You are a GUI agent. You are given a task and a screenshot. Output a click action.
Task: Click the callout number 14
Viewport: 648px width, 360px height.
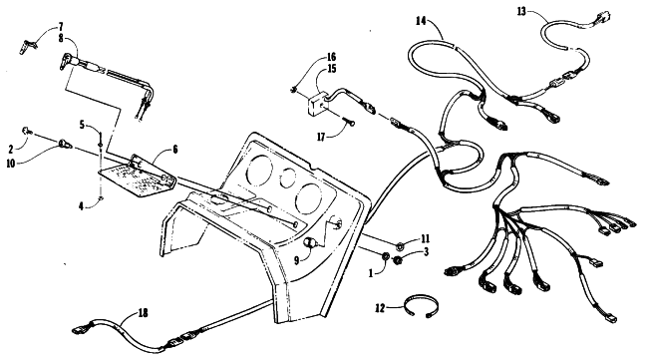[x=421, y=21]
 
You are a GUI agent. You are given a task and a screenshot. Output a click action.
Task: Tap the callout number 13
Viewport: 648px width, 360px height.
[x=521, y=12]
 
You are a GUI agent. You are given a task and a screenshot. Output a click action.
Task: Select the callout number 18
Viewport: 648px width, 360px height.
[x=143, y=313]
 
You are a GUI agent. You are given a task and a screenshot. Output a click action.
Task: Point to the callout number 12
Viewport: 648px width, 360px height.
[x=380, y=308]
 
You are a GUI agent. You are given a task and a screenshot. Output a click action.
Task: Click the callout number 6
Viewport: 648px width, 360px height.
[x=175, y=150]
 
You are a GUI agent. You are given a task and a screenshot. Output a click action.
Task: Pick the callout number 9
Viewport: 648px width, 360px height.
[x=297, y=260]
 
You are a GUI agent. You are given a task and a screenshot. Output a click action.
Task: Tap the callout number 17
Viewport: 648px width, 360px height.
[x=322, y=137]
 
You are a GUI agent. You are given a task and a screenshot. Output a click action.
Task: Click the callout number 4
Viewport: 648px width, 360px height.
[x=82, y=205]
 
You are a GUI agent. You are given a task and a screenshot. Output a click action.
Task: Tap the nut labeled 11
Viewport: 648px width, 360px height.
[x=400, y=246]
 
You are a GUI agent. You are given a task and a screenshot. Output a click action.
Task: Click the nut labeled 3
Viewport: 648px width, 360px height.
[x=398, y=260]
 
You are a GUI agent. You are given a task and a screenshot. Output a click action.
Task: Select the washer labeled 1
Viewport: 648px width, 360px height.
[x=385, y=256]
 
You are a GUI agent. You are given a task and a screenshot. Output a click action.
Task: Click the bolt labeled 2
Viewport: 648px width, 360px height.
[x=27, y=131]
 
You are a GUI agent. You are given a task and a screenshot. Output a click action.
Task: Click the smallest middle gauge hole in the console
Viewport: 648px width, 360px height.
[x=288, y=178]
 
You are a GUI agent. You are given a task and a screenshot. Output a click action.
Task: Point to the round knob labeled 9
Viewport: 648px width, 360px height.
[x=311, y=242]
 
